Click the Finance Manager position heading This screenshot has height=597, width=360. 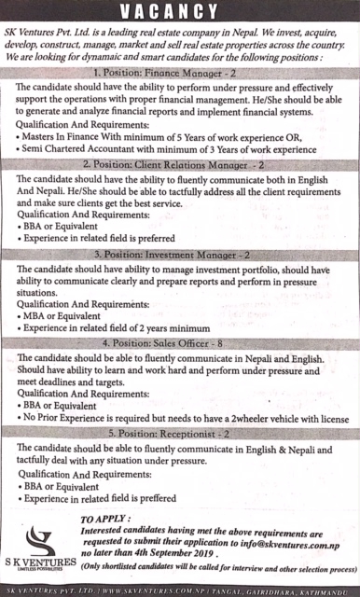(x=180, y=72)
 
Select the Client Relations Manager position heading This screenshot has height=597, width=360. (x=180, y=163)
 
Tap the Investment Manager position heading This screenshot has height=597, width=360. (x=180, y=254)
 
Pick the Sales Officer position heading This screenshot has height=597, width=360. (x=180, y=344)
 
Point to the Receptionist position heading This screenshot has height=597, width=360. (x=180, y=434)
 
